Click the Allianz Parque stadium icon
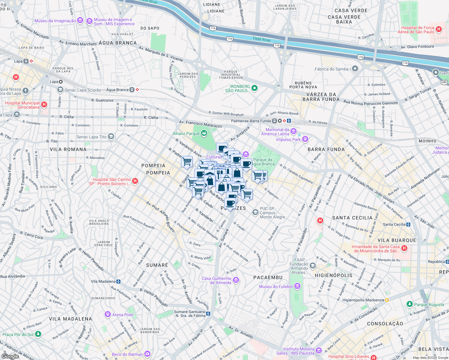click(204, 133)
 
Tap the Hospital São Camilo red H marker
click(135, 181)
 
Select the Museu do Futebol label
click(276, 286)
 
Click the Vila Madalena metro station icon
click(119, 281)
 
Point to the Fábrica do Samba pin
click(355, 69)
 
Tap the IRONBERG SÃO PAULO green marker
click(255, 88)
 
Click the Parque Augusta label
click(429, 304)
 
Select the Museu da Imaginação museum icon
click(80, 20)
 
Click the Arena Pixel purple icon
click(108, 314)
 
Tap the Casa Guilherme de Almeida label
click(216, 280)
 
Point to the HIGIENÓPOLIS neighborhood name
click(333, 275)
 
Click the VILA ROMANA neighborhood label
click(68, 149)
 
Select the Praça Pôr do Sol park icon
click(38, 334)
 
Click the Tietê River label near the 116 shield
click(261, 39)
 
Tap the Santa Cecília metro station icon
click(408, 224)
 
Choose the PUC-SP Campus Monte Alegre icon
click(255, 212)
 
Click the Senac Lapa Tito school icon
click(111, 137)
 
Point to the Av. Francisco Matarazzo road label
click(200, 124)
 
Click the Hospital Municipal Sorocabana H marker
click(44, 104)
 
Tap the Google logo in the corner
click(10, 356)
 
